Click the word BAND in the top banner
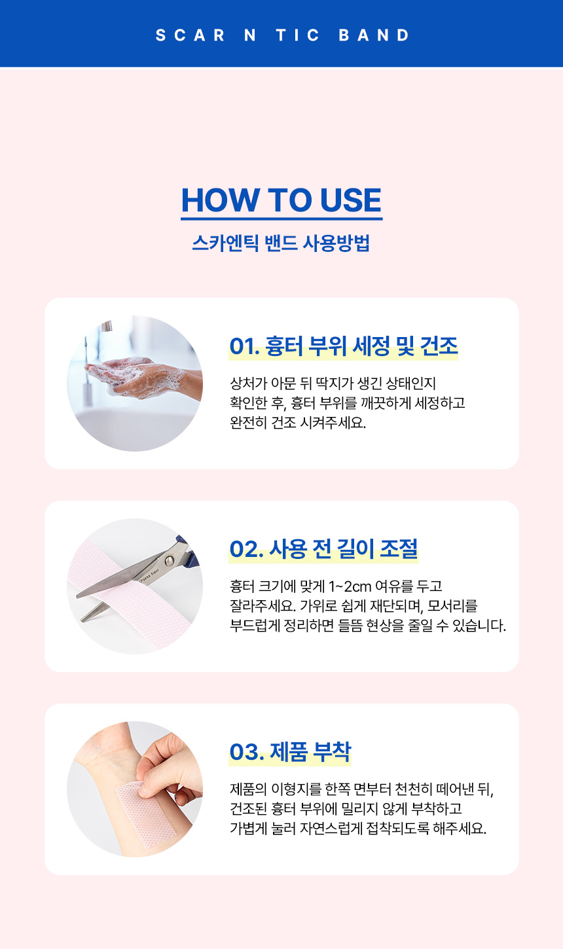374,35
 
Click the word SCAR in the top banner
191,35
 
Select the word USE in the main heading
351,200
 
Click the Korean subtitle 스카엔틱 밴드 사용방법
281,243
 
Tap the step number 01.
244,346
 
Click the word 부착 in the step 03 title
332,751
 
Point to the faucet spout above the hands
106,325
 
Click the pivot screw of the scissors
169,561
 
